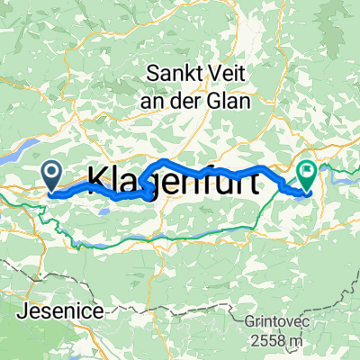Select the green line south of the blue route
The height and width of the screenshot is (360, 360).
point(180,236)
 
